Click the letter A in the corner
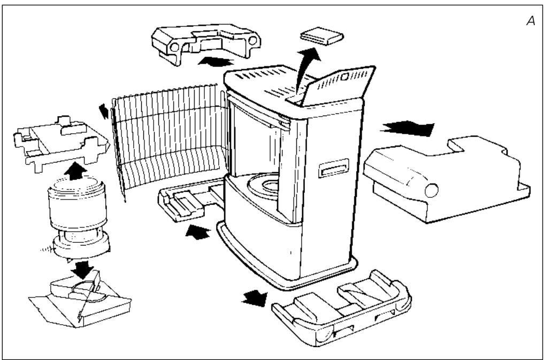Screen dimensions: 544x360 pyautogui.click(x=531, y=21)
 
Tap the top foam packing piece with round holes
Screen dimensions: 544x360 pyautogui.click(x=206, y=42)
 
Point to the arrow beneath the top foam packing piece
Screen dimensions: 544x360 pyautogui.click(x=216, y=62)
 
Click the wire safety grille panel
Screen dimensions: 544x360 pyautogui.click(x=170, y=139)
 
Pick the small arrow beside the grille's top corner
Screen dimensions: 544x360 pyautogui.click(x=104, y=111)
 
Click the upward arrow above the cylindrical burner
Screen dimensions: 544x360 pyautogui.click(x=75, y=171)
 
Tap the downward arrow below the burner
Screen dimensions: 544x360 pyautogui.click(x=82, y=270)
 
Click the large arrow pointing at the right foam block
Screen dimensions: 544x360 pyautogui.click(x=407, y=128)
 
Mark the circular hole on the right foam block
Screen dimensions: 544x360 pyautogui.click(x=431, y=190)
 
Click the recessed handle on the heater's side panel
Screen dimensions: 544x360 pyautogui.click(x=333, y=168)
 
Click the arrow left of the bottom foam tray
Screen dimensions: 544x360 pyautogui.click(x=255, y=298)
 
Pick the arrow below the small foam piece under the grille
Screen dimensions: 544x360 pyautogui.click(x=198, y=232)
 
